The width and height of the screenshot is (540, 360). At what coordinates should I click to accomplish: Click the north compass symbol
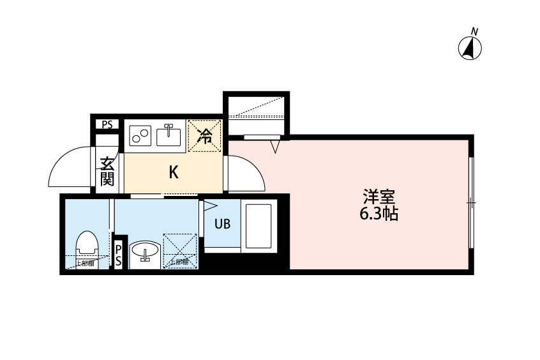click(x=470, y=49)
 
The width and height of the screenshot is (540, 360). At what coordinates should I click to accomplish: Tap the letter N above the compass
click(x=474, y=31)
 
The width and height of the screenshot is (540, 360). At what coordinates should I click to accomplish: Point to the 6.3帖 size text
click(x=379, y=214)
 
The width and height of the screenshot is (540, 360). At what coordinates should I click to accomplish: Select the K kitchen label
click(x=172, y=172)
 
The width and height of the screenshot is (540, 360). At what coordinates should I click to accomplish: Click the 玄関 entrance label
click(x=106, y=171)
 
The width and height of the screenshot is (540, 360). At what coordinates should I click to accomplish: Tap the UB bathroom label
click(x=222, y=224)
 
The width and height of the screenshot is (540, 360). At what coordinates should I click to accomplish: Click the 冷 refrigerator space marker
click(x=205, y=135)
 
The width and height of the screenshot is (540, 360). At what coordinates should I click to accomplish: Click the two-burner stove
click(x=140, y=135)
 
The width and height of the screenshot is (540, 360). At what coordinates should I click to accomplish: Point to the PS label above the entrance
click(x=107, y=125)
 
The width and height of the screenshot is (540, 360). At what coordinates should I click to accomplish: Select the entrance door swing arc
click(x=70, y=167)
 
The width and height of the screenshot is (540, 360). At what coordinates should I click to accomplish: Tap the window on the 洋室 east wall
click(x=470, y=202)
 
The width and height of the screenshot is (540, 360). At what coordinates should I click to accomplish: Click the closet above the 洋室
click(x=256, y=114)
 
